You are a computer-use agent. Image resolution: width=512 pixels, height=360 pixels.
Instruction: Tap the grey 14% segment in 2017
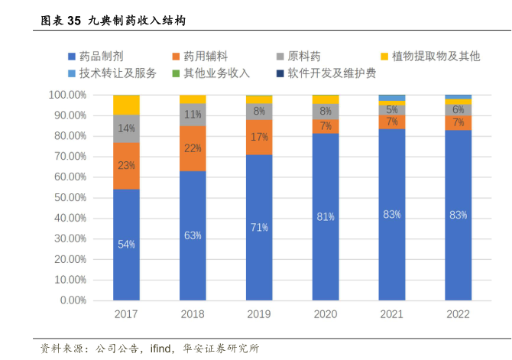pos(126,128)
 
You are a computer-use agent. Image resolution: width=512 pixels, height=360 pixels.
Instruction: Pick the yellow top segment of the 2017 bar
pos(126,105)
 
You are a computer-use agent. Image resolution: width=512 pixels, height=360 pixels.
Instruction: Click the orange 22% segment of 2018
pos(193,148)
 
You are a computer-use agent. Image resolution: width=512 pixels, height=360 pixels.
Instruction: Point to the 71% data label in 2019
pos(259,227)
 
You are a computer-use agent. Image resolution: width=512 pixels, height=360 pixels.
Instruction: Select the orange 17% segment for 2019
pos(259,138)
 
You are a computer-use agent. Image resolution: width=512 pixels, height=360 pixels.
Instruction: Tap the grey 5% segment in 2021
pos(392,110)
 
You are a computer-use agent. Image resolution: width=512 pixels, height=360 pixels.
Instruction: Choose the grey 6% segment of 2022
pos(459,109)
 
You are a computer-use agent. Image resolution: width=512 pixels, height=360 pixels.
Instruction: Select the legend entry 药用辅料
pos(200,56)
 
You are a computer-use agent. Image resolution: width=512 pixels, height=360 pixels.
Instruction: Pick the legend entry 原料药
pos(299,56)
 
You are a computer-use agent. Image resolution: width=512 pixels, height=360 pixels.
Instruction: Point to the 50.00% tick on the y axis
pos(67,197)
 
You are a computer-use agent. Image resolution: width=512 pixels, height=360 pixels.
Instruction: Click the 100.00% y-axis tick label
pos(66,95)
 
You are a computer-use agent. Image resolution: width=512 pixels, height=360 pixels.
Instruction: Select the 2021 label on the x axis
pos(392,314)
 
